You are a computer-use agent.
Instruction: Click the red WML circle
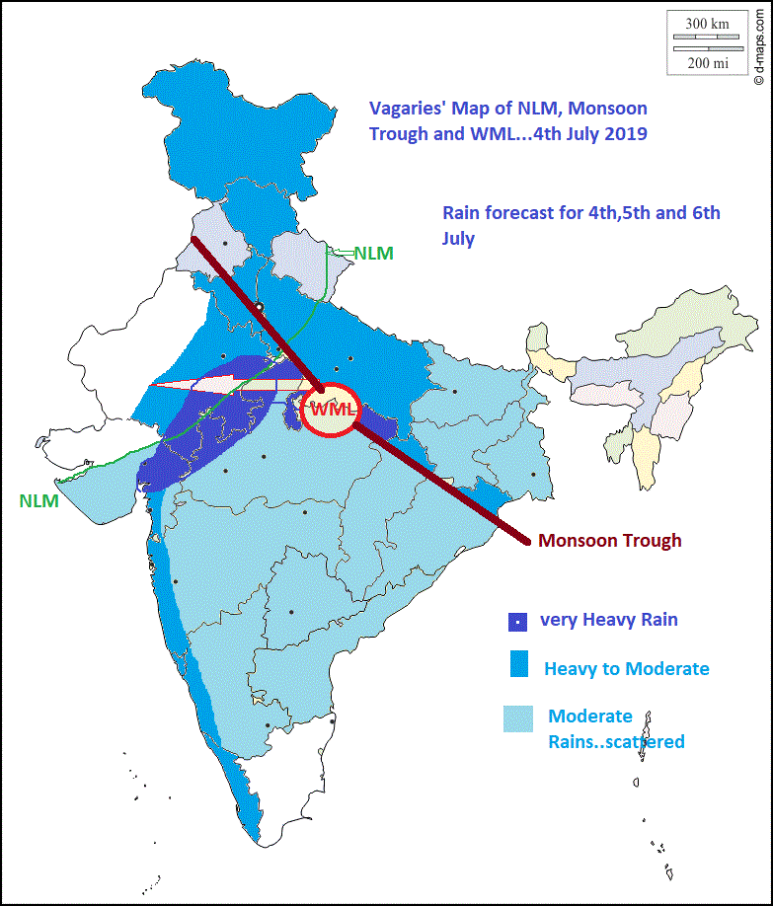[330, 408]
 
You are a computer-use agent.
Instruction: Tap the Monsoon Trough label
[609, 541]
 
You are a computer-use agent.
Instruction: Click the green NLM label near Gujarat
[39, 500]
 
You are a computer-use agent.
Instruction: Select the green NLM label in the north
[373, 253]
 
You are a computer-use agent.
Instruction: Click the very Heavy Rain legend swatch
[516, 622]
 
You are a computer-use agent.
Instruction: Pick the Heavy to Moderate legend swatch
[518, 664]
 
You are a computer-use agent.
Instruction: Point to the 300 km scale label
[708, 23]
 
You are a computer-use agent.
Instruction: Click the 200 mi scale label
[708, 62]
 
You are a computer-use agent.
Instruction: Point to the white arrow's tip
[151, 387]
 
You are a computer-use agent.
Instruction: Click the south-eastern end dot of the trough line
[528, 541]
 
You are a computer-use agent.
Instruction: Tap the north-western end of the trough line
[192, 239]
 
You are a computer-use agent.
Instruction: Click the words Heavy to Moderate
[626, 669]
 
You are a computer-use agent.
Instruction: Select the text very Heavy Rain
[608, 620]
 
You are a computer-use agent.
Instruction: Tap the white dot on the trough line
[259, 308]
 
